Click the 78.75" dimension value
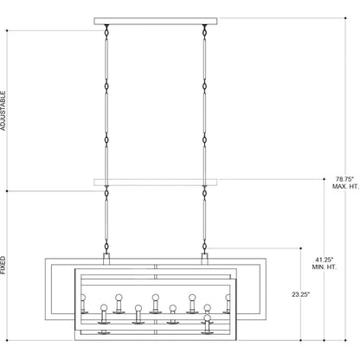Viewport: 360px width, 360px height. pyautogui.click(x=344, y=179)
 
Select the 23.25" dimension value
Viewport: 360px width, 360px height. pyautogui.click(x=301, y=294)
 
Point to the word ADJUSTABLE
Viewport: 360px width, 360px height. pyautogui.click(x=3, y=111)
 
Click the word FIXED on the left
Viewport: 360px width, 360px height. pyautogui.click(x=3, y=265)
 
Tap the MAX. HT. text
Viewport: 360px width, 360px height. pyautogui.click(x=345, y=186)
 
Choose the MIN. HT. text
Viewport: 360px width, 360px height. pyautogui.click(x=325, y=267)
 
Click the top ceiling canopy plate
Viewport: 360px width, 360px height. pyautogui.click(x=156, y=21)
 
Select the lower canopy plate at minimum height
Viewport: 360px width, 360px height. pyautogui.click(x=156, y=182)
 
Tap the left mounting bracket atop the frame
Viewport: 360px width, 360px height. pyautogui.click(x=106, y=259)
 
